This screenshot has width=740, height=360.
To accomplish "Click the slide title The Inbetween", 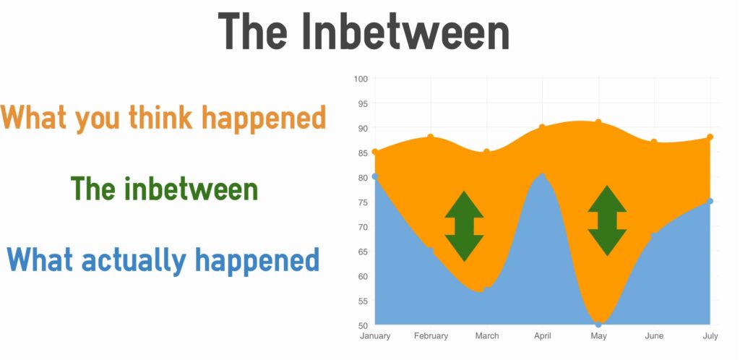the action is [x=363, y=31].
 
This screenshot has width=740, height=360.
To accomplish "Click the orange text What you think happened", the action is [x=163, y=118].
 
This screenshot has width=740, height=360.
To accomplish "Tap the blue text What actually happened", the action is [x=163, y=260].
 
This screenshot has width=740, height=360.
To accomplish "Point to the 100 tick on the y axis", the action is [x=361, y=79].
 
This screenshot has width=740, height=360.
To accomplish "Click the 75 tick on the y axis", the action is [x=363, y=202].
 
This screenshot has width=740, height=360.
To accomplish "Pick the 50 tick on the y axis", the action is [x=363, y=325].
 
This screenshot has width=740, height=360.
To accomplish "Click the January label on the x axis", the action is [x=375, y=336].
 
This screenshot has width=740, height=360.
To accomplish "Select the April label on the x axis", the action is [x=542, y=336].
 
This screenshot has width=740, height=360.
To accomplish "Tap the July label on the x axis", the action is [x=710, y=336].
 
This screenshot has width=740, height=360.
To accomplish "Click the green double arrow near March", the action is [x=465, y=226].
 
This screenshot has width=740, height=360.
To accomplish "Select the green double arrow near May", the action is [x=607, y=220].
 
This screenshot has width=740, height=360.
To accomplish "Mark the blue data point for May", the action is [x=598, y=325].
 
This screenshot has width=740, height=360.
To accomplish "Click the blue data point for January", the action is [x=375, y=176].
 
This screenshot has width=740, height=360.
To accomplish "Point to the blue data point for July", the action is [x=710, y=202].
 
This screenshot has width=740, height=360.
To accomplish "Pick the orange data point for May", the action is [x=598, y=122].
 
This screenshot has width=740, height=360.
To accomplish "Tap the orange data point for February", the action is [x=431, y=137].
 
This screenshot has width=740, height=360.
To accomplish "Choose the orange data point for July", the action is [x=710, y=137].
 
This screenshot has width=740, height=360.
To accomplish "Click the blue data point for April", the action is [x=542, y=176].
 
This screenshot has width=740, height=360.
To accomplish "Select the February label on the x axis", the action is [x=431, y=336].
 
